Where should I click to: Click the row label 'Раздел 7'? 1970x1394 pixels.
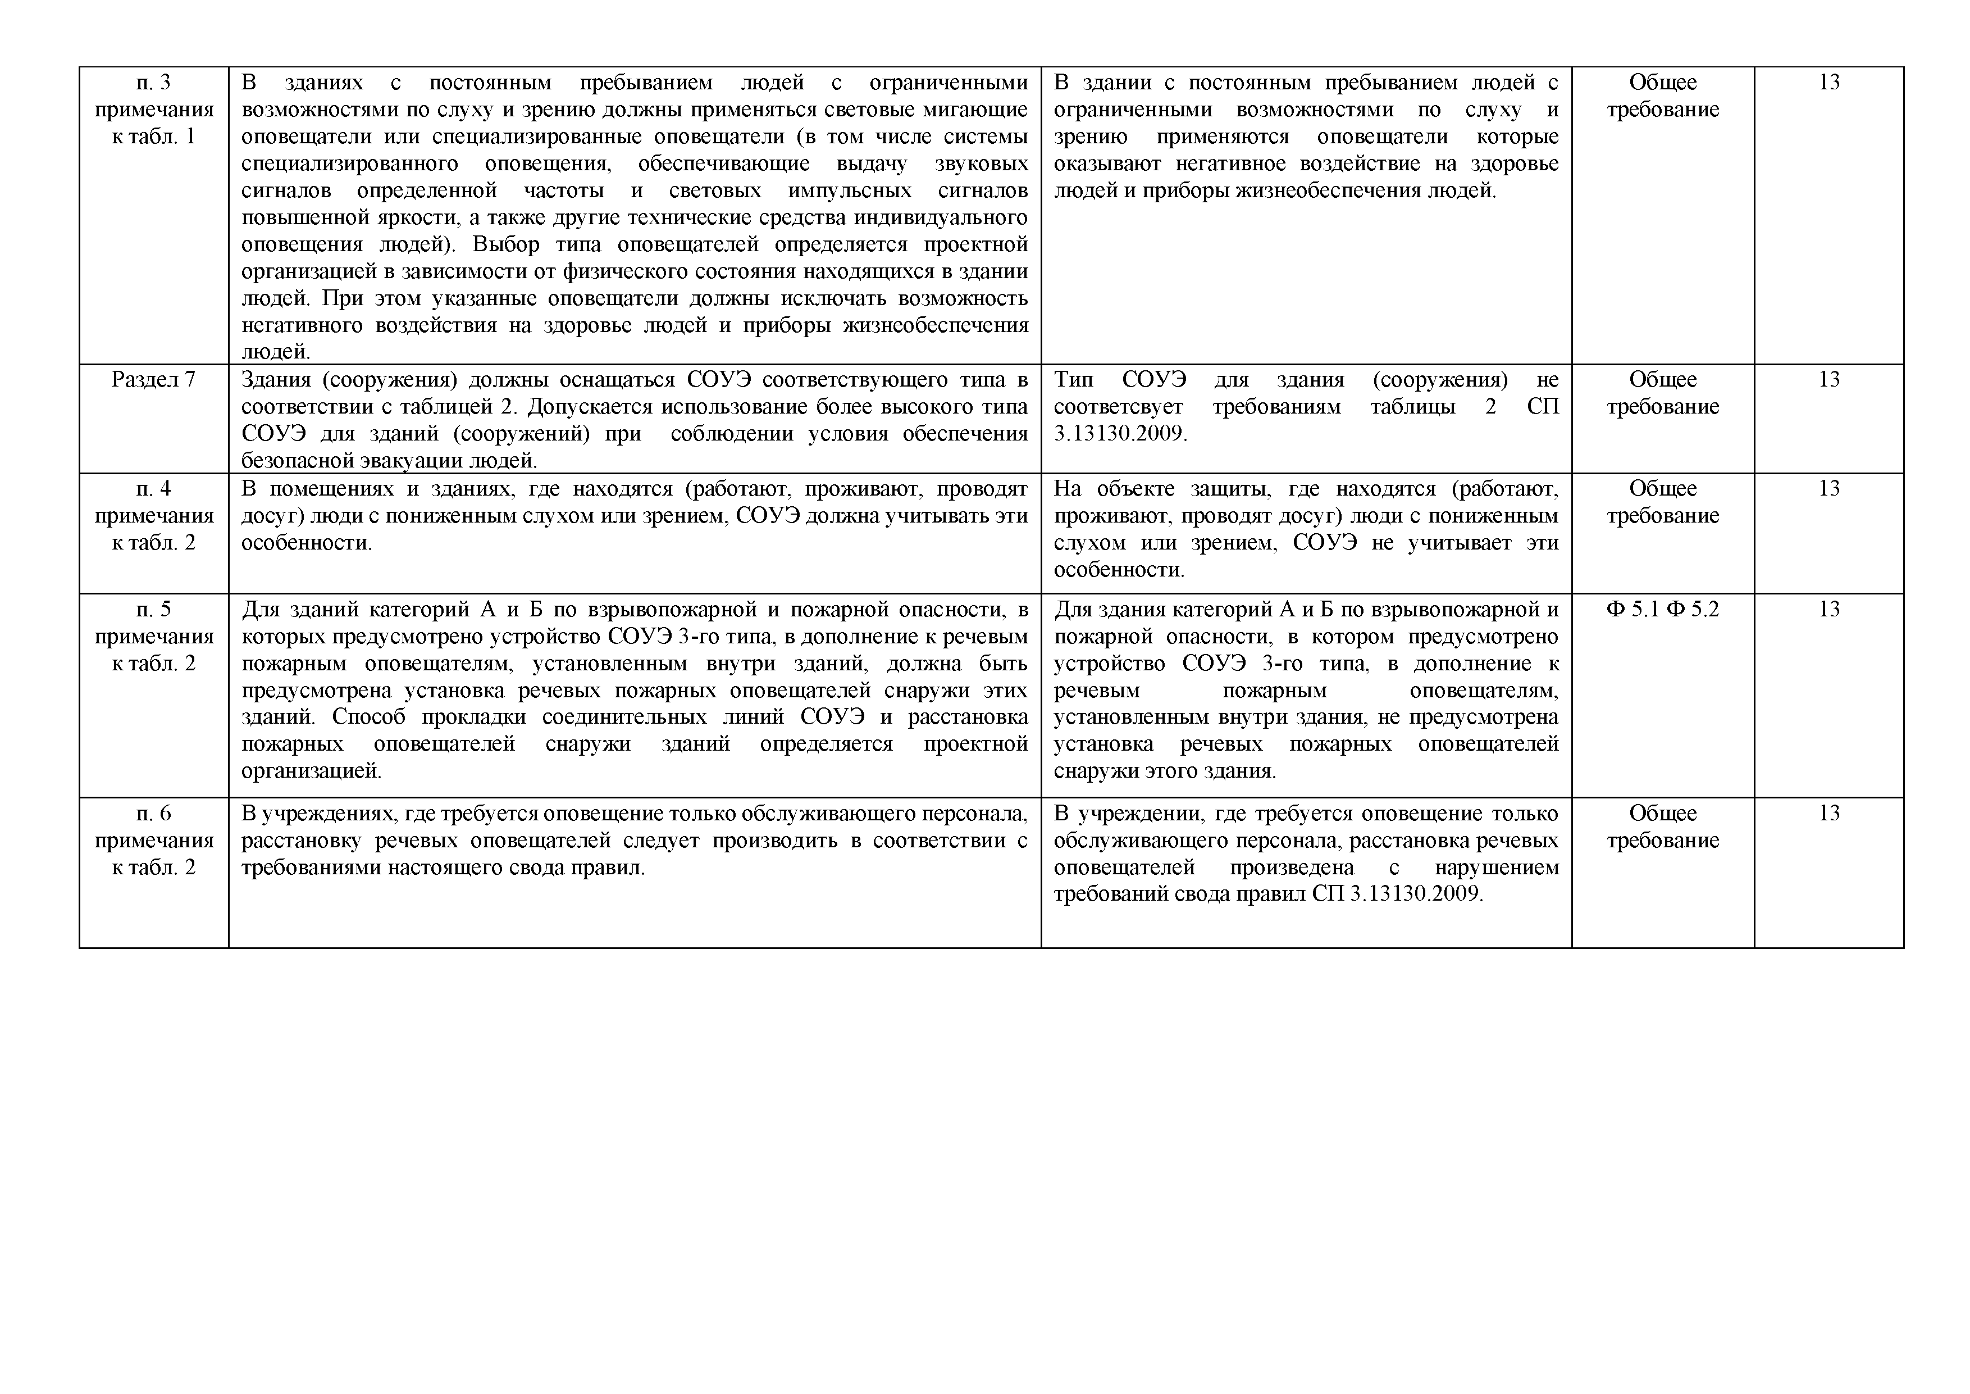coord(153,379)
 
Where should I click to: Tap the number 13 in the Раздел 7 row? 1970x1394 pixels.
coord(1828,379)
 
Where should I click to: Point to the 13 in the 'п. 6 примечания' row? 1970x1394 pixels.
coord(1828,813)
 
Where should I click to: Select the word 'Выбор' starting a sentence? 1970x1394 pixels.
coord(505,244)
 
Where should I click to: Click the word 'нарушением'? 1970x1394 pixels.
coord(1497,867)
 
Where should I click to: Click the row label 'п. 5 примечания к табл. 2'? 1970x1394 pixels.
coord(153,636)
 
